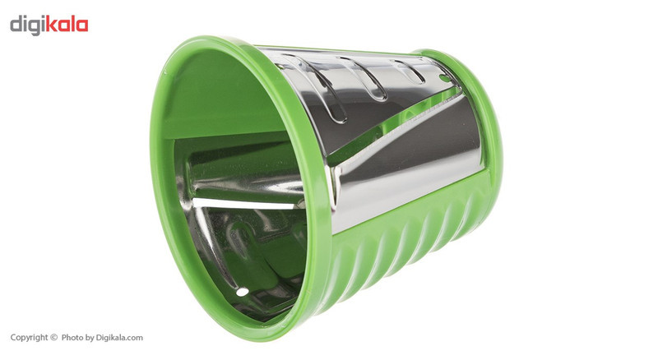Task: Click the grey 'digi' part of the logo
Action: tap(27, 25)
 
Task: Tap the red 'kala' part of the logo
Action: tap(67, 24)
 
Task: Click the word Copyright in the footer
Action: tap(29, 337)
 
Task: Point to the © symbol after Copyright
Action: tap(53, 337)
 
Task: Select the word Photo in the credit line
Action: tap(72, 337)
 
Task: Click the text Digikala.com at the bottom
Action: tap(119, 337)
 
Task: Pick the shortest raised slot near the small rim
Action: tap(408, 72)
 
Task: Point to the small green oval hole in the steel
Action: tap(445, 78)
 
